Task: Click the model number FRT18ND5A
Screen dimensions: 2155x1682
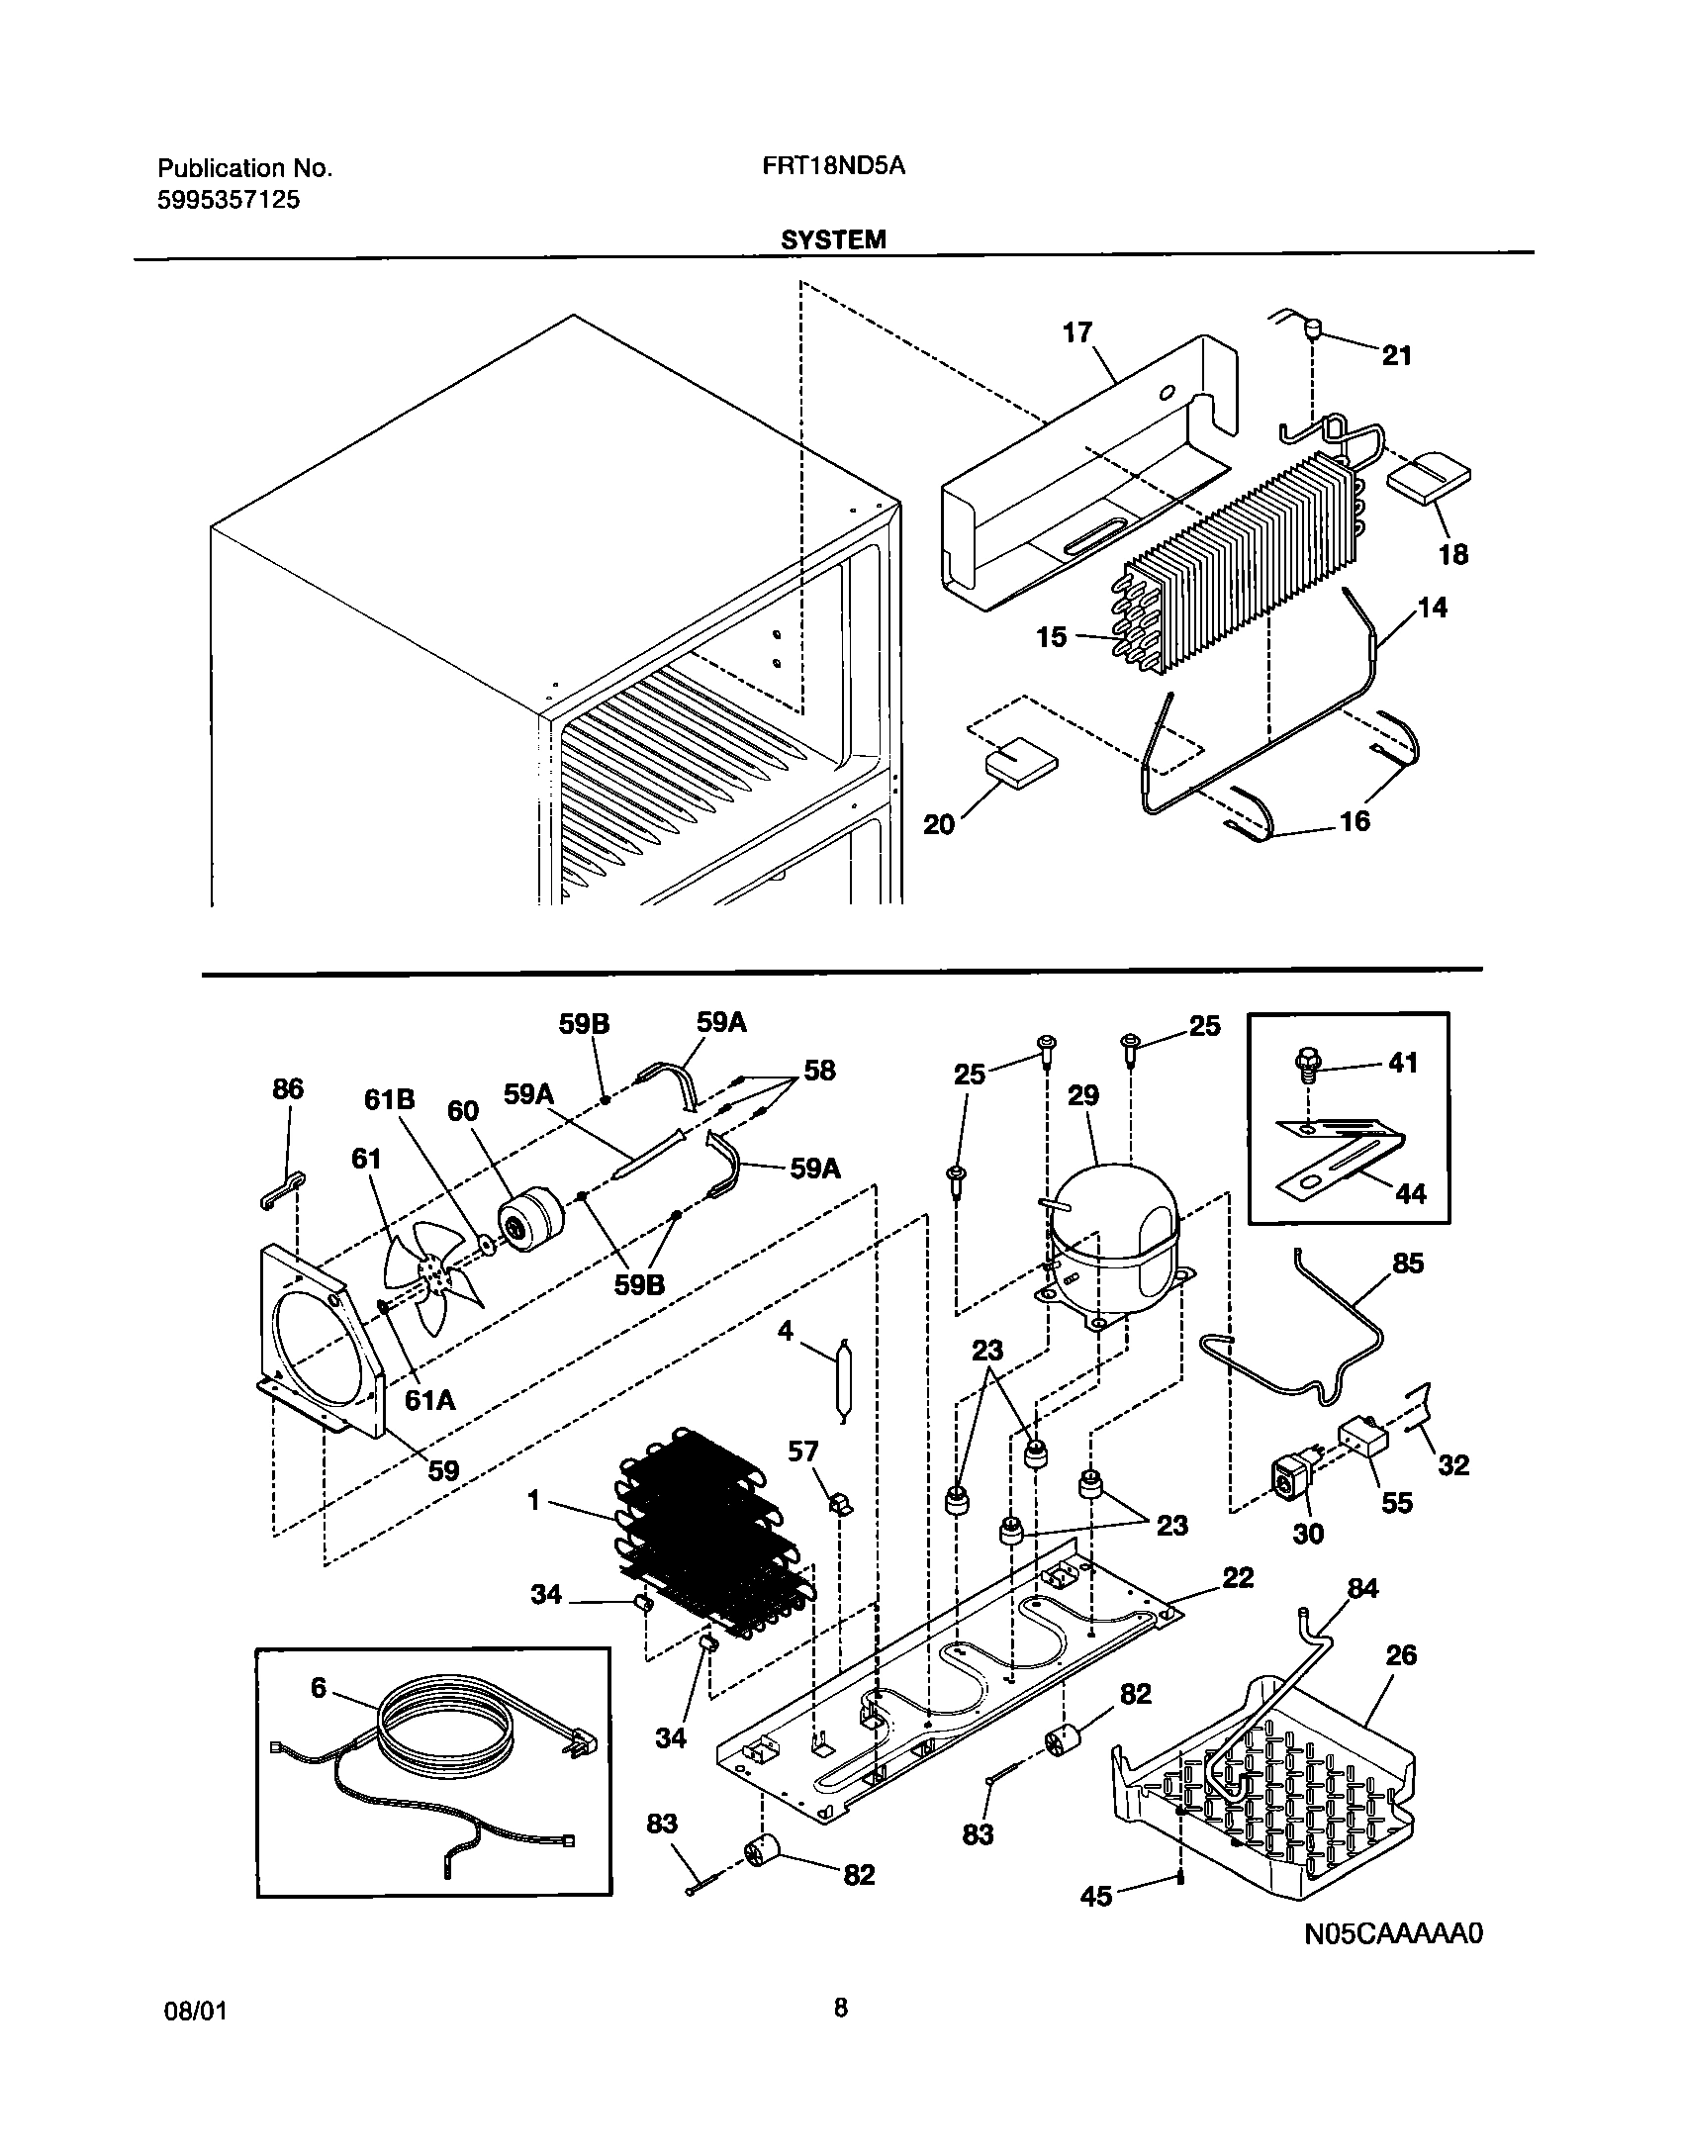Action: (x=833, y=167)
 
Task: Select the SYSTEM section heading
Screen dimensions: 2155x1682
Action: (x=833, y=239)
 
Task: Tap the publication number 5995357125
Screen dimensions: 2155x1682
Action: (x=229, y=200)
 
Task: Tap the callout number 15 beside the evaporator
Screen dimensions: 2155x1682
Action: (x=1052, y=636)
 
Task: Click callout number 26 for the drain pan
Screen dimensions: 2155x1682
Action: (x=1401, y=1654)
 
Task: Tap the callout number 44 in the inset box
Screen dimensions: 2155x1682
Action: (x=1410, y=1194)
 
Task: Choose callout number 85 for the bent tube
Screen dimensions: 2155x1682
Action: (x=1407, y=1264)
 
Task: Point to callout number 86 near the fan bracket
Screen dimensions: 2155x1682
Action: (x=288, y=1089)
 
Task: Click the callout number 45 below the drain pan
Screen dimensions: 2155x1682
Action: (x=1096, y=1896)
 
